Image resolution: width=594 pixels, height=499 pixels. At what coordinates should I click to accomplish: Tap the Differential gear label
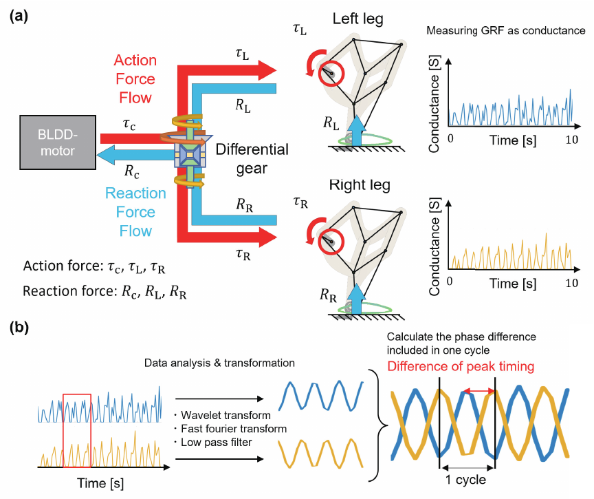point(252,158)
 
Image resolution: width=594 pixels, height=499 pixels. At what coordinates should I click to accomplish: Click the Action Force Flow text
point(135,78)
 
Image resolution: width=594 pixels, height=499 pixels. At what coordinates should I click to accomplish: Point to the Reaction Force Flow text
point(135,212)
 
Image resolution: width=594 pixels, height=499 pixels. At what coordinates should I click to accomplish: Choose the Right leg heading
point(360,185)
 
